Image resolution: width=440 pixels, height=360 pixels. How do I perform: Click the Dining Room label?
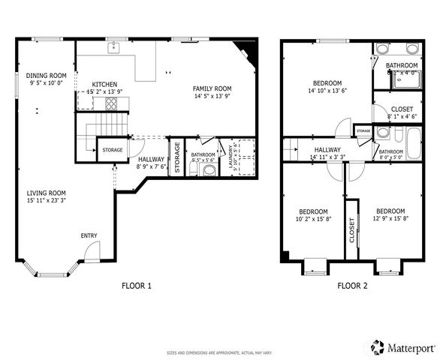tap(47, 76)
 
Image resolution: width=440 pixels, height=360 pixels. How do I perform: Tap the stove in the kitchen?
tap(111, 103)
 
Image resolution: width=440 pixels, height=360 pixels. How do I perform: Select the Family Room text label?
tap(212, 88)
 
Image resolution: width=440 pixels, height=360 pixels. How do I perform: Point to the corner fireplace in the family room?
tap(245, 49)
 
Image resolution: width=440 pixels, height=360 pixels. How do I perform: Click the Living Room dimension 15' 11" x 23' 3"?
tap(47, 201)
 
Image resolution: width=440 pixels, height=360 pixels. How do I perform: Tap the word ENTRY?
tap(89, 236)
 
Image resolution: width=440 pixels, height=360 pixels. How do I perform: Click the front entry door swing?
tap(91, 255)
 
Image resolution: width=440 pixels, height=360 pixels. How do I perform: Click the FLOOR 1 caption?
tap(136, 286)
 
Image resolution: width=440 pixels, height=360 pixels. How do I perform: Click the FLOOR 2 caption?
tap(351, 286)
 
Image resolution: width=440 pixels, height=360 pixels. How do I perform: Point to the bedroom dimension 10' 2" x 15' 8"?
tap(312, 220)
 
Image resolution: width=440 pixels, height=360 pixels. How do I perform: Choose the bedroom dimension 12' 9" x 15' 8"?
tap(390, 220)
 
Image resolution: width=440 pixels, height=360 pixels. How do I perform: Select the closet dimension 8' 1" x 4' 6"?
tap(402, 116)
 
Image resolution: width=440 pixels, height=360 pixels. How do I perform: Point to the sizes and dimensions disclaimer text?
tap(219, 351)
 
